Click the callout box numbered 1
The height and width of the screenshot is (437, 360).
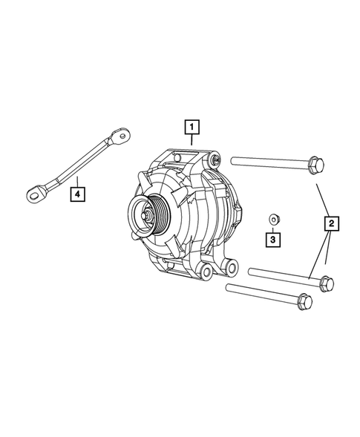[192, 126]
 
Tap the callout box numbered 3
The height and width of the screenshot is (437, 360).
[273, 240]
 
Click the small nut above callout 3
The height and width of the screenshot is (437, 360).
[273, 218]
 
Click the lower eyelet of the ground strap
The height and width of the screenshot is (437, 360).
[33, 194]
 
